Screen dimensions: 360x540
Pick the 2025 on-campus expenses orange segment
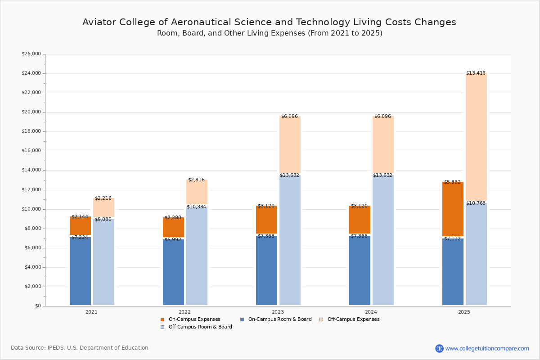[453, 209]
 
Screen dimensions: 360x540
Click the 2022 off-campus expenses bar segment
[197, 192]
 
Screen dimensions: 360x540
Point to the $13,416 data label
[476, 73]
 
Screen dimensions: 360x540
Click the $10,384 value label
[196, 207]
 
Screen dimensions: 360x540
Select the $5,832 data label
[452, 182]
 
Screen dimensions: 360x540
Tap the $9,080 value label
[103, 220]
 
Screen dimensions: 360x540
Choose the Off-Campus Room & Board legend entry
[200, 327]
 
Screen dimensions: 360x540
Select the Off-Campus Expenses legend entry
[353, 319]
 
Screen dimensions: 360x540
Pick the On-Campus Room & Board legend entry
[279, 319]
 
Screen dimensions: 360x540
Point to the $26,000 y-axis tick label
[31, 54]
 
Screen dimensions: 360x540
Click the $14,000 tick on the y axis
[31, 170]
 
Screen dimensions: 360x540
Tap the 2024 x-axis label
[371, 312]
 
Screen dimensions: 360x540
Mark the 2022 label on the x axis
[184, 312]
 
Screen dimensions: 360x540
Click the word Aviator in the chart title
[98, 22]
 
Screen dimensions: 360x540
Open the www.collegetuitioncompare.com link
[487, 348]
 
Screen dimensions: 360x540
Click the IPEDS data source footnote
[80, 348]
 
